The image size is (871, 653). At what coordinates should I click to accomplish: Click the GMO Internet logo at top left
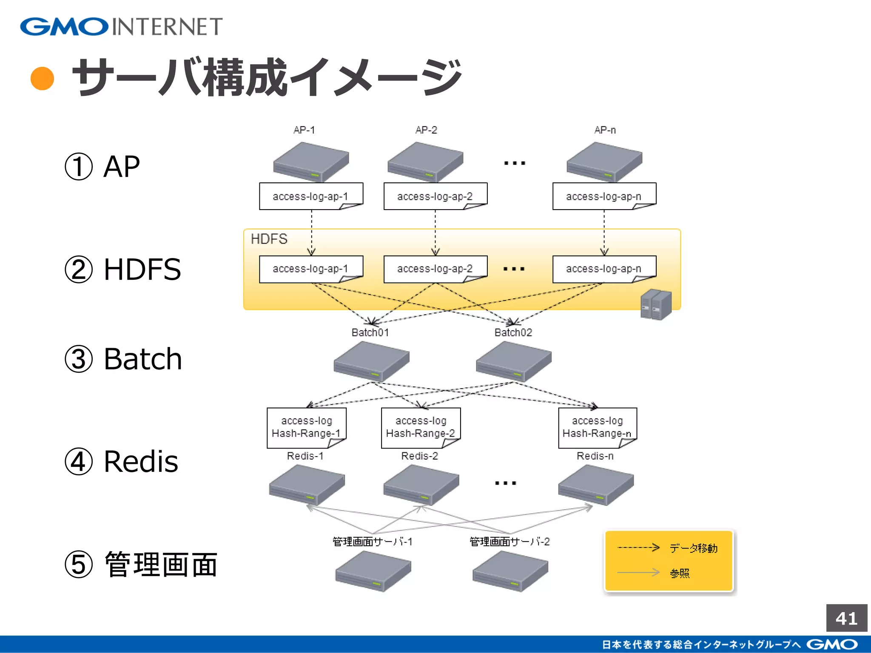[121, 26]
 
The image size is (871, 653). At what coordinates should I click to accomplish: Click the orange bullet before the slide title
[43, 79]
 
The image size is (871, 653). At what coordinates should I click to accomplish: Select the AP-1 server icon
[311, 162]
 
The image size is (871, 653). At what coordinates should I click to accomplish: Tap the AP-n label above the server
[605, 130]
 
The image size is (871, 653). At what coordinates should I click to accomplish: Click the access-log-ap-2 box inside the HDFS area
[435, 269]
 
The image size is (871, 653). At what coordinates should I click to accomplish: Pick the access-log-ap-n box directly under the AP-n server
[604, 196]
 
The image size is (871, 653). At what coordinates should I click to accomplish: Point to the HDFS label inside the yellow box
[269, 239]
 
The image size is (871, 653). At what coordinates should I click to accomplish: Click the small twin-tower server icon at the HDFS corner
[656, 304]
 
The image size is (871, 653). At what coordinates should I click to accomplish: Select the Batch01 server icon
[371, 361]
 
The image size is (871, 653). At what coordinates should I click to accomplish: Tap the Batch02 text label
[513, 332]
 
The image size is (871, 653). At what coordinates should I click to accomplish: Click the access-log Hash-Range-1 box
[306, 427]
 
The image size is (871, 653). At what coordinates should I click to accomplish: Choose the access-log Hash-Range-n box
[597, 427]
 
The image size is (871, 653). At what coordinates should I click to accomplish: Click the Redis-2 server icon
[421, 485]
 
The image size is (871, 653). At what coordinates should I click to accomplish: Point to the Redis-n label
[595, 456]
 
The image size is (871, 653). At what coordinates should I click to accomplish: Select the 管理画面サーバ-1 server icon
[373, 571]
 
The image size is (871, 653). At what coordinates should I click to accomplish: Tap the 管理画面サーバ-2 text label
[510, 542]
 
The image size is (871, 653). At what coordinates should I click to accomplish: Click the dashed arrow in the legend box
[638, 548]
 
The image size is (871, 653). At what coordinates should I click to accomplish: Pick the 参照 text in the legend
[680, 573]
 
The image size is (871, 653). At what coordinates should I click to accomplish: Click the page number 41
[846, 618]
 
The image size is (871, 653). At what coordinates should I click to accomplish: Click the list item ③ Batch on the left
[123, 359]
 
